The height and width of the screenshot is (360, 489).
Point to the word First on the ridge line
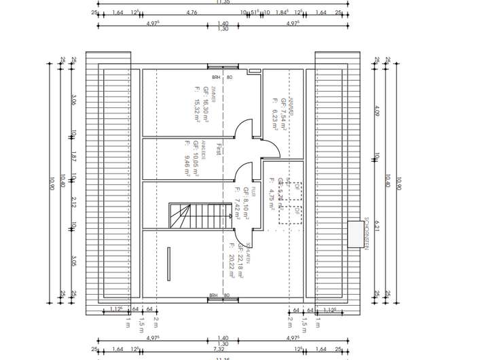[x=219, y=149]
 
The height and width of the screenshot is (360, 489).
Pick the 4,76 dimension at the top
[x=192, y=12]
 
